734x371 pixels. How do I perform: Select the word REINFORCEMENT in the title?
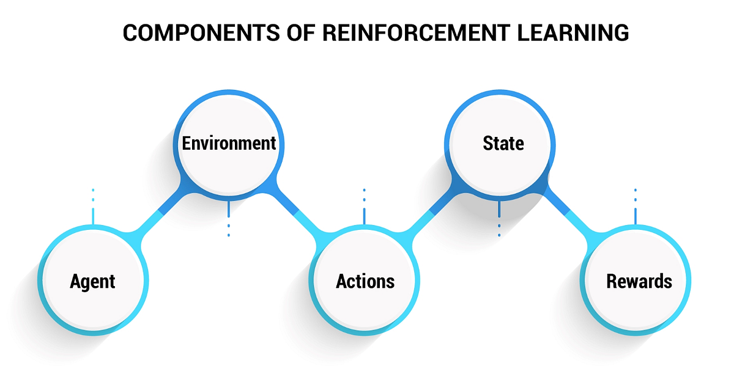coord(396,34)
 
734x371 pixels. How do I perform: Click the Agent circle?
coord(92,281)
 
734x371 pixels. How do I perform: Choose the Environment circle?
coord(229,144)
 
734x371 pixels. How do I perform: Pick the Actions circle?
coord(365,281)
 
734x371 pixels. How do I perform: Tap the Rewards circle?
coord(639,281)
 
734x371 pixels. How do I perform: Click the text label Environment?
coord(229,144)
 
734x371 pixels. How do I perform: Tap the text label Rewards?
coord(639,281)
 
